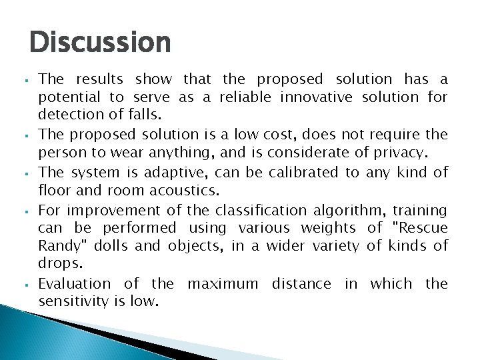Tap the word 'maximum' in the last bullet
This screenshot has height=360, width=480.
tap(223, 283)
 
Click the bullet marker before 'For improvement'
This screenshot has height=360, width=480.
tap(31, 211)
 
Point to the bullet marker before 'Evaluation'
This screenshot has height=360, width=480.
tap(31, 284)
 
